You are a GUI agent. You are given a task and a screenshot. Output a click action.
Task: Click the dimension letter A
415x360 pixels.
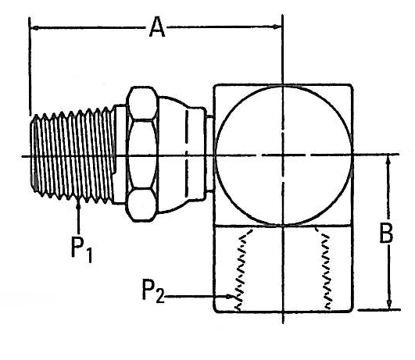[157, 27]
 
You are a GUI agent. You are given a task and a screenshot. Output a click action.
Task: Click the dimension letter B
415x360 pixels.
[386, 233]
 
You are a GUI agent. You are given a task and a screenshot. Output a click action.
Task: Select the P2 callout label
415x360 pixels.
[153, 290]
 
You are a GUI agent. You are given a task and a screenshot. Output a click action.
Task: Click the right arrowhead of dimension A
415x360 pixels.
[277, 27]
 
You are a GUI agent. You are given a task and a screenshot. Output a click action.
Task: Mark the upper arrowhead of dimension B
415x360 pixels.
[388, 160]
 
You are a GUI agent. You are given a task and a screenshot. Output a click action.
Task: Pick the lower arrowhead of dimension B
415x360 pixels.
[389, 304]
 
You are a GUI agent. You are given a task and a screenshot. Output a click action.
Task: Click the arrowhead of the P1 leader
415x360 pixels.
[78, 205]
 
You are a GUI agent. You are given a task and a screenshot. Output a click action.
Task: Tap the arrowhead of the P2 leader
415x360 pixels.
[228, 297]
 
